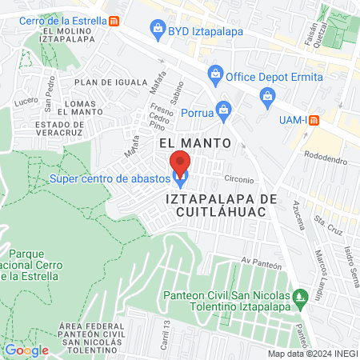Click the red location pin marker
click(181, 162)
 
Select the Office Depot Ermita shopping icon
click(214, 76)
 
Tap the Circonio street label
click(238, 179)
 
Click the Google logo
click(26, 350)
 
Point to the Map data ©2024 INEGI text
click(312, 354)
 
